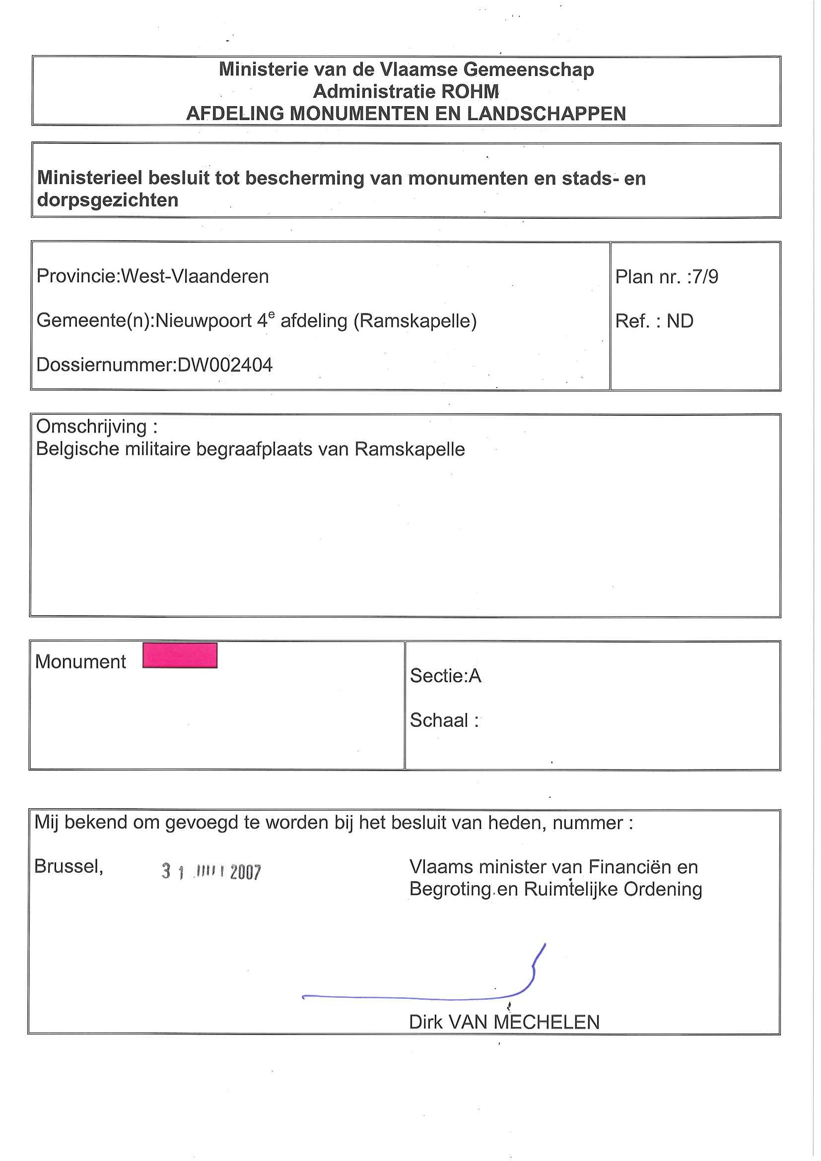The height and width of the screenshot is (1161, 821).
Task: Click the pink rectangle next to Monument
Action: pos(180,655)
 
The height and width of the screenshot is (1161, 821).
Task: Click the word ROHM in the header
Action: pos(470,91)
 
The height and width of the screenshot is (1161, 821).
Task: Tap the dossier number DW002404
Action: pos(224,365)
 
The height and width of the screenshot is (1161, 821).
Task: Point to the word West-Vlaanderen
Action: pos(195,276)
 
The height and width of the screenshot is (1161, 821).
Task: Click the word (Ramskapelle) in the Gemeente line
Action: pos(415,321)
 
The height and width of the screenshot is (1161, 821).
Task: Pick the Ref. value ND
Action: pos(680,321)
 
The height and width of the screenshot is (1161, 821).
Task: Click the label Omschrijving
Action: pos(91,426)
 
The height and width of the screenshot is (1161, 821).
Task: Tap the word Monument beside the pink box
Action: pos(80,661)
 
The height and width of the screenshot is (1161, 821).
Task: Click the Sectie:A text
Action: pos(445,676)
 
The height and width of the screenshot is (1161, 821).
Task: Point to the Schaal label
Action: pos(439,720)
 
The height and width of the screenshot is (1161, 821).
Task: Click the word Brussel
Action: pos(68,866)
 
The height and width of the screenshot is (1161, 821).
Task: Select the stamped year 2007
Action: pos(245,872)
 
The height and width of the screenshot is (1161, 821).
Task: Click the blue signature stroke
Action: pos(415,998)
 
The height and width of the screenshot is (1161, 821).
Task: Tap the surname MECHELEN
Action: pos(547,1022)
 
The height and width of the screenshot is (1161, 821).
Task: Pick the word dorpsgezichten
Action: pos(108,200)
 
